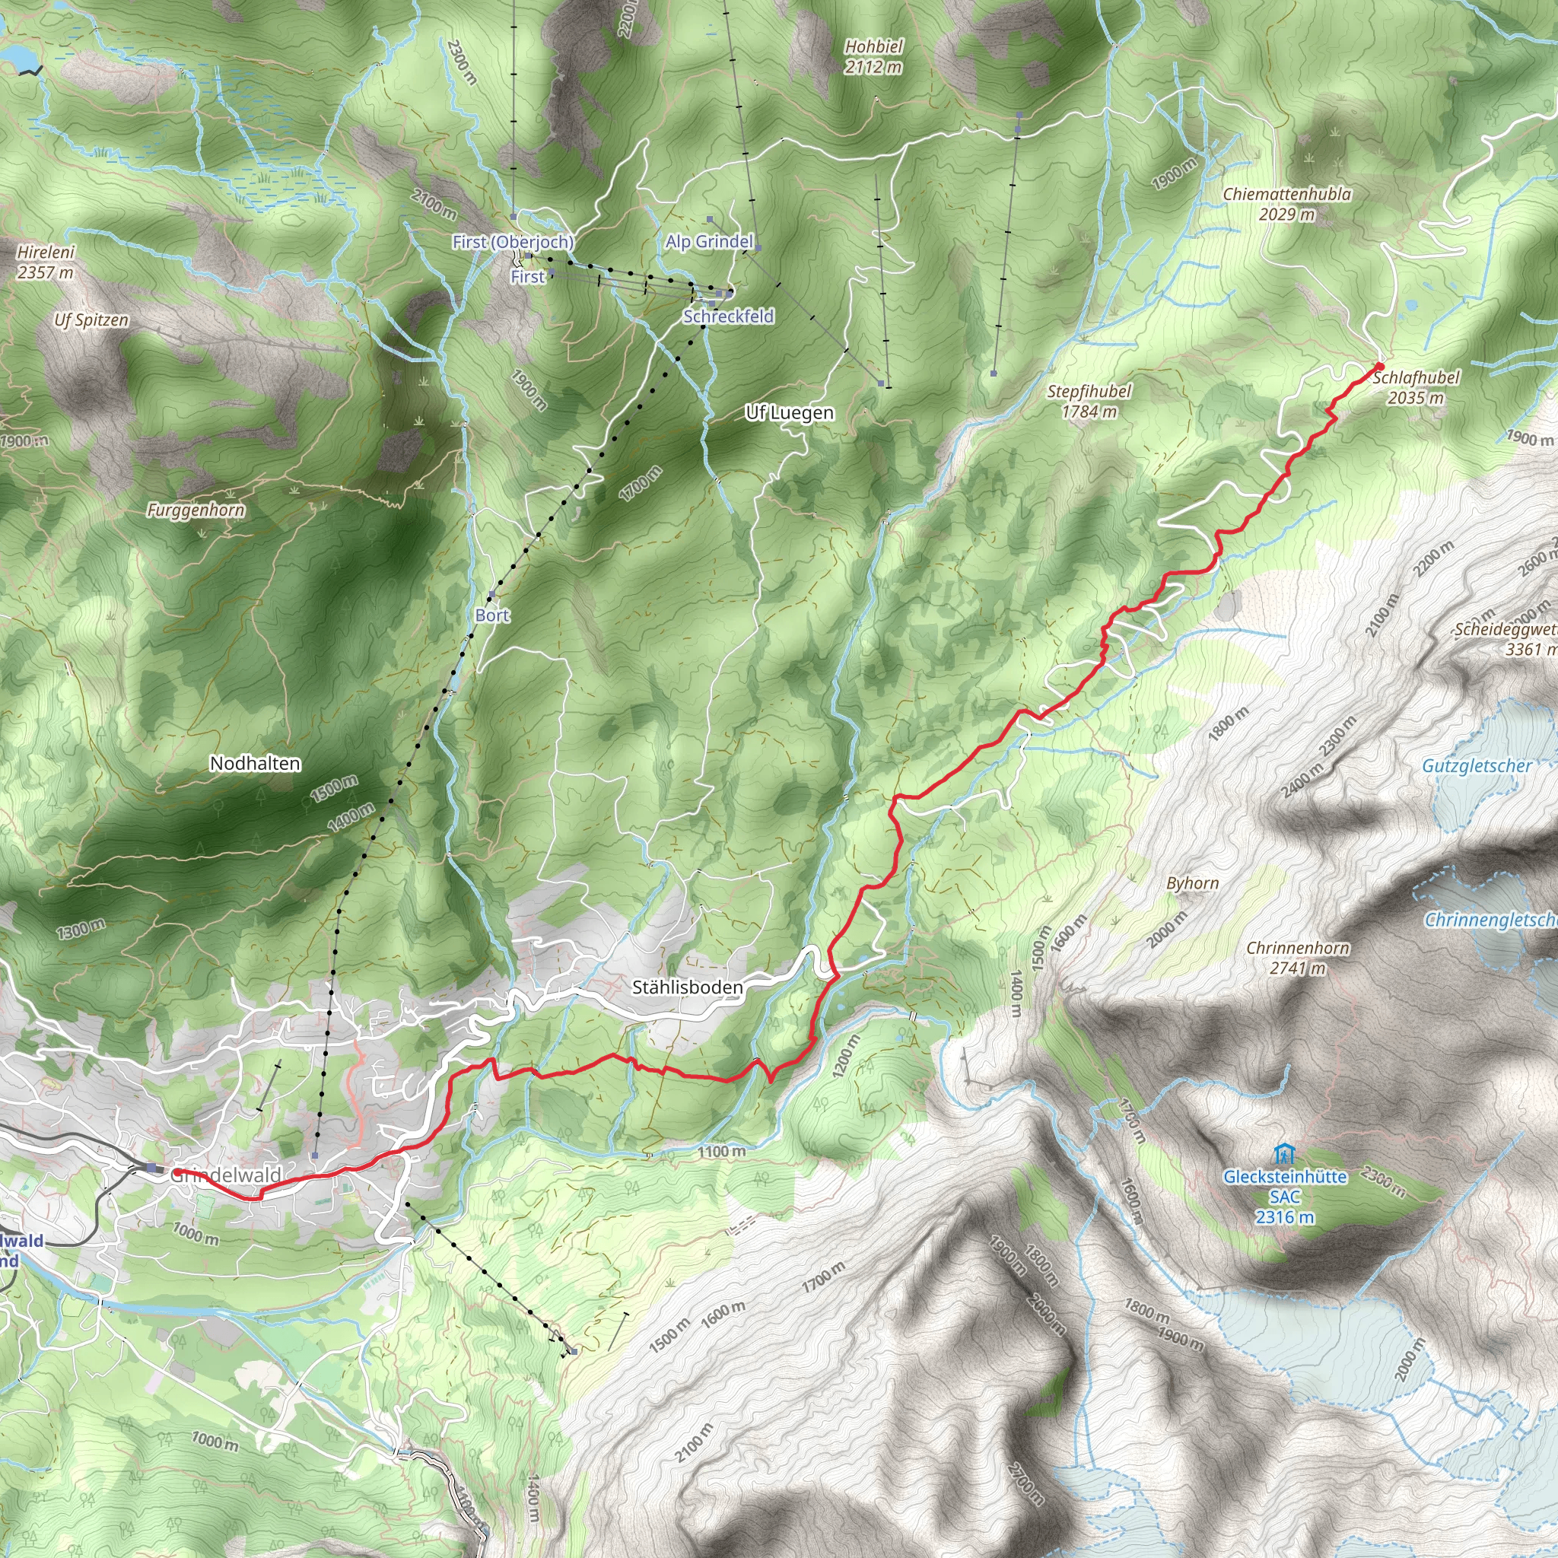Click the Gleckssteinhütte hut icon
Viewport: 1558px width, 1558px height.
[1283, 1154]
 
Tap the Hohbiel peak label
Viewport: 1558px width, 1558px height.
[873, 57]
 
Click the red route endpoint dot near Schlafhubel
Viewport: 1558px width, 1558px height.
[1380, 366]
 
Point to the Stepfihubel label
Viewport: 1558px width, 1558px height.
[1089, 401]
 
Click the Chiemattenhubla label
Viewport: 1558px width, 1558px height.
[1287, 204]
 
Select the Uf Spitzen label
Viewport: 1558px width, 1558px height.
[91, 320]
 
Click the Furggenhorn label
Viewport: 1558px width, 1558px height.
[196, 510]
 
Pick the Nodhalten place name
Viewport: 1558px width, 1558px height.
[255, 763]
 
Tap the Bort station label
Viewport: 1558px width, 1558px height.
[492, 615]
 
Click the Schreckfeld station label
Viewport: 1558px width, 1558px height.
[728, 316]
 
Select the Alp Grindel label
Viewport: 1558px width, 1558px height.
[709, 241]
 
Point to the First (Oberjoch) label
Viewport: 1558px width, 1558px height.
[513, 242]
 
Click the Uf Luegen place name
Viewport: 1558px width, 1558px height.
[790, 413]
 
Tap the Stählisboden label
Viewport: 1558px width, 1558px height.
[687, 987]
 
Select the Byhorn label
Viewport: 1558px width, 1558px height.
[1192, 883]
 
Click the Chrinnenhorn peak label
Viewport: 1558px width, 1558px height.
[1298, 957]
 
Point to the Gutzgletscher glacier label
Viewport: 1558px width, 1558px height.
[1477, 766]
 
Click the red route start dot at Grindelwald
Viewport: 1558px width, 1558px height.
[175, 1172]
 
